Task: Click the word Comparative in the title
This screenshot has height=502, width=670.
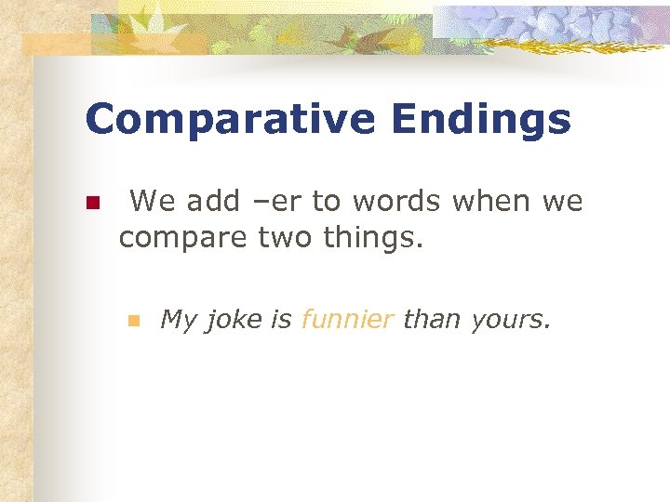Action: click(x=228, y=121)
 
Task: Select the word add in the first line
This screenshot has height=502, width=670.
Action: click(x=219, y=200)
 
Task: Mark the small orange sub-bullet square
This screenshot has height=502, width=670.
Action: click(x=133, y=321)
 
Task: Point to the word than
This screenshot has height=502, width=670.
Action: click(x=433, y=321)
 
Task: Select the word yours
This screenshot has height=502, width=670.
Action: click(x=511, y=321)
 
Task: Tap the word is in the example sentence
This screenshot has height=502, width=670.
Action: click(x=281, y=321)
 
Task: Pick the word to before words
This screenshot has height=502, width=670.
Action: click(x=327, y=200)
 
